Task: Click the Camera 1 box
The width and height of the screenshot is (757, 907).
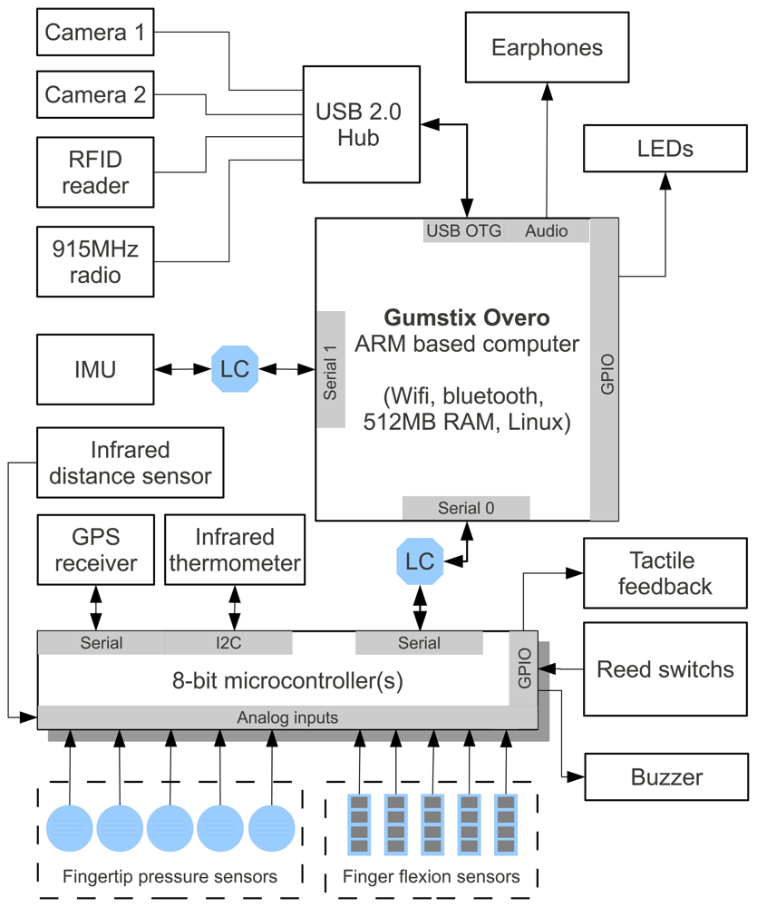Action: (94, 33)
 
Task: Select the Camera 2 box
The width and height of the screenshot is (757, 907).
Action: (94, 95)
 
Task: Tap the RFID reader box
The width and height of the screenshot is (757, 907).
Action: (94, 173)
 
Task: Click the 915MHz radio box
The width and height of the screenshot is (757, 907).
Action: (94, 261)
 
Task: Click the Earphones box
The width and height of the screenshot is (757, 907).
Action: (546, 47)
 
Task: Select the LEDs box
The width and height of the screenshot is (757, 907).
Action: (665, 148)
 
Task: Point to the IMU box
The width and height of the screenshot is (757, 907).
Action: (94, 370)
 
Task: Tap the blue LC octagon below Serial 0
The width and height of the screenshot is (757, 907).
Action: (420, 561)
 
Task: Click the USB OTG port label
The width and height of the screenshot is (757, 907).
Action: (463, 231)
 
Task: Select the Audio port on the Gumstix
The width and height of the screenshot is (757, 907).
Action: (546, 231)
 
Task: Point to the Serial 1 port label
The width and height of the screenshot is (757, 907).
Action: (331, 369)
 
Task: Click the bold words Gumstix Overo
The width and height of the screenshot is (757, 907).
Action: (467, 318)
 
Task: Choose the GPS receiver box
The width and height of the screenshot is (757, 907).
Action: (95, 550)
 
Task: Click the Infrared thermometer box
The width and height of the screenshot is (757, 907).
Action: (234, 550)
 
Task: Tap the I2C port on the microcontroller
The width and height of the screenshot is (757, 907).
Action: (228, 643)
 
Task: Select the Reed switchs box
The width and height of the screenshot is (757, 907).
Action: (665, 669)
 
